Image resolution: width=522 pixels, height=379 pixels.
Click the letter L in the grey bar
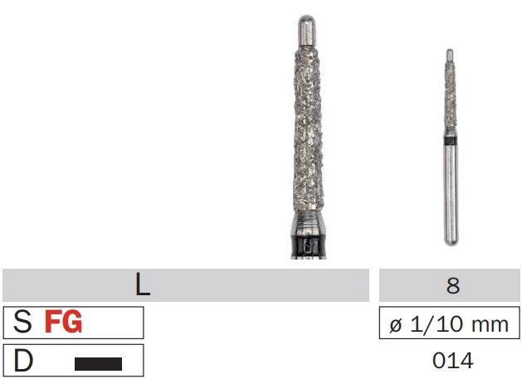click(x=143, y=285)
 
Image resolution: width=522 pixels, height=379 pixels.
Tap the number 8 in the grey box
click(x=453, y=285)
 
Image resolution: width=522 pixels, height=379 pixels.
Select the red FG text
click(x=63, y=322)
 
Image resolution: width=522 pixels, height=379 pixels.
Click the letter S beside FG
click(x=22, y=322)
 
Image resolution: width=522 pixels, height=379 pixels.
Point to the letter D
click(x=23, y=360)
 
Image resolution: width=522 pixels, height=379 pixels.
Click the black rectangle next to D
click(x=98, y=364)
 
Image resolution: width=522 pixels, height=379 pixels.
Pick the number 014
click(x=453, y=361)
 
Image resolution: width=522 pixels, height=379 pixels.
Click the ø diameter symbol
click(x=396, y=324)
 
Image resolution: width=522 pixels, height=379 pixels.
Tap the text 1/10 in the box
click(x=438, y=324)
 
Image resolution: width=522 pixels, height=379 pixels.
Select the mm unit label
click(x=490, y=325)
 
